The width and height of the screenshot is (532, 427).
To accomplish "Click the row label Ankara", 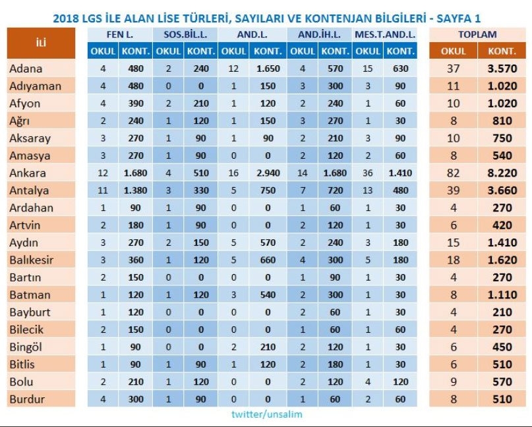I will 27,173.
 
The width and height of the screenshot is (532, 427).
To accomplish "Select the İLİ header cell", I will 40,43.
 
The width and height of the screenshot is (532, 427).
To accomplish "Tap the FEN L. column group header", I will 119,34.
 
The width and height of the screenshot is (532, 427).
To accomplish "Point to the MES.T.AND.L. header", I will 384,34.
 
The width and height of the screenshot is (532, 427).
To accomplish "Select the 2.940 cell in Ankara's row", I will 267,173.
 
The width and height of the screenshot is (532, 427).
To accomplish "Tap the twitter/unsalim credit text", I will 266,414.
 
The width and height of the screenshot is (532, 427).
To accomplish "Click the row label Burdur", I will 26,399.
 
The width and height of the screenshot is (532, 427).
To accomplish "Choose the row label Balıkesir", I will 31,260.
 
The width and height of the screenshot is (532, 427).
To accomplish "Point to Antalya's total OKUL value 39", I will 453,190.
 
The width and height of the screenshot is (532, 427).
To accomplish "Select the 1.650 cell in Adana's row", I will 267,69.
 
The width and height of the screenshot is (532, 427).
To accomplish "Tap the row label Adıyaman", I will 36,86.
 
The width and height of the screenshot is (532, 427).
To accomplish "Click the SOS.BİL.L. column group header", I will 185,34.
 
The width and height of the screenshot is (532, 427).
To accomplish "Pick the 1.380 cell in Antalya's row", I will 137,190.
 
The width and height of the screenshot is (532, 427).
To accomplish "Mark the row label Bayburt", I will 30,312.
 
